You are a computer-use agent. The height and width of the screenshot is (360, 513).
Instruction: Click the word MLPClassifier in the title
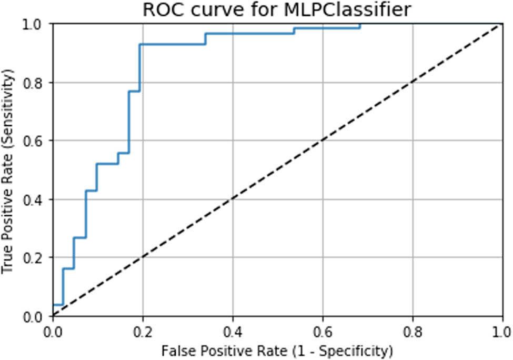(350, 10)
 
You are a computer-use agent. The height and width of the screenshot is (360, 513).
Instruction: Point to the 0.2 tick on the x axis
(143, 332)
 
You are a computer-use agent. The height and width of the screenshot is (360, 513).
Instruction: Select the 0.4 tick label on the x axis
(233, 332)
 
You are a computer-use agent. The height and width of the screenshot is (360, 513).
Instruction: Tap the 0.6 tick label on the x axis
(323, 332)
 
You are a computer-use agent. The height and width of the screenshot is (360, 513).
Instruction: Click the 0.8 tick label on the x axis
(413, 332)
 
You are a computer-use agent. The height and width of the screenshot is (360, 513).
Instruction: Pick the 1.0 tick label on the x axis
(502, 332)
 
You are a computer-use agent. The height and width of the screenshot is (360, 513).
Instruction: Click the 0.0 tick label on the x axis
(53, 332)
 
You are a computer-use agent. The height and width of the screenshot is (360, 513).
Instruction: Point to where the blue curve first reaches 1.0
(360, 24)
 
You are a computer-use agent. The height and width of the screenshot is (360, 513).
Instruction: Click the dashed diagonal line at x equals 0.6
(323, 141)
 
